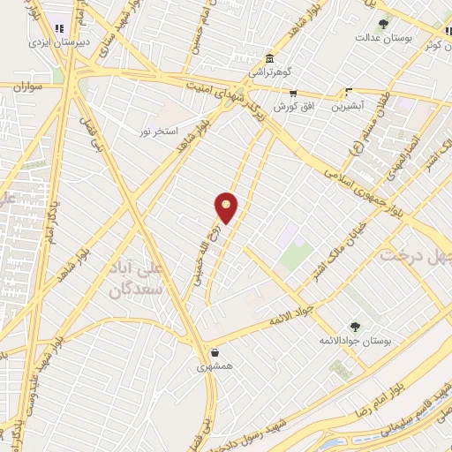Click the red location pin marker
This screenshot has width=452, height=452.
[x=227, y=207]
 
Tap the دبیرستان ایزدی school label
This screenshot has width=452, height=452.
[x=52, y=41]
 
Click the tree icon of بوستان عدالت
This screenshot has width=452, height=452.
[x=382, y=24]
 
